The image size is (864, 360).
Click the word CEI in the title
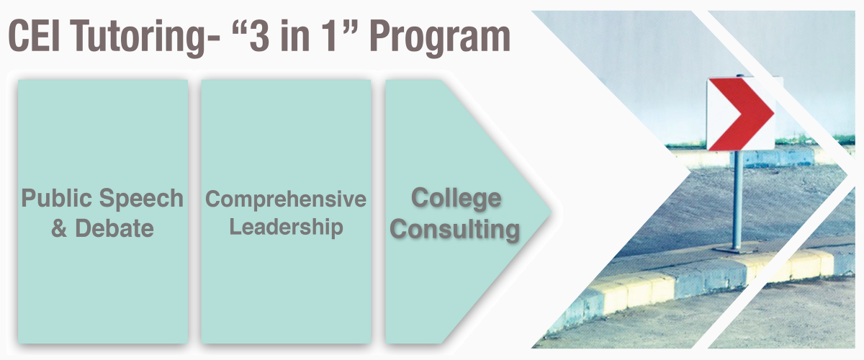35,36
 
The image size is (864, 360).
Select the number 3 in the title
260,36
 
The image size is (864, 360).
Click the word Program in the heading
440,39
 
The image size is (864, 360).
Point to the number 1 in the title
330,36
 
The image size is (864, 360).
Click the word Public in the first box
57,198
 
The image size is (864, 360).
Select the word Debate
114,228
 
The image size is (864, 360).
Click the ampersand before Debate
59,228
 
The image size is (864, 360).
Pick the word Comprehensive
286,199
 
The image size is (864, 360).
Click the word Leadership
287,227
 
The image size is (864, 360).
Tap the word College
456,199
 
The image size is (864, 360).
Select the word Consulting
455,230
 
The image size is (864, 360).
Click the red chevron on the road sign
742,114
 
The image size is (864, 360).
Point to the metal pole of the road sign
737,200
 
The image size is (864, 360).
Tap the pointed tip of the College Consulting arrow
550,212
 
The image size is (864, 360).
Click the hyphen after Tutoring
213,39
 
